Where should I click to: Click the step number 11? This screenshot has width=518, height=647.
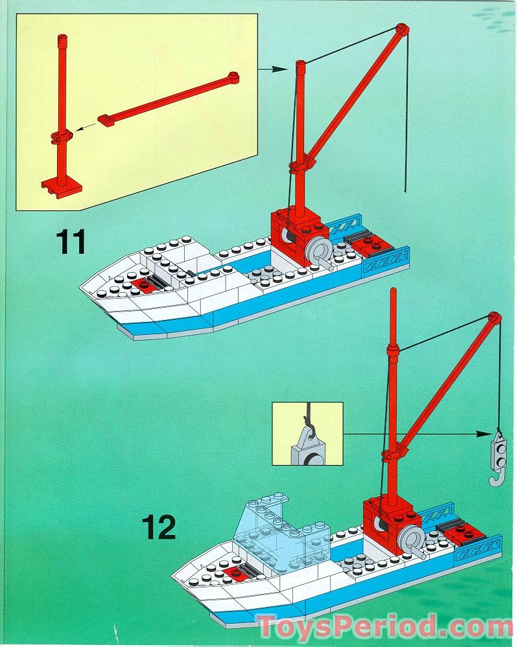[x=71, y=242]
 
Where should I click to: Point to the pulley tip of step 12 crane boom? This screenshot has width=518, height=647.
[x=494, y=319]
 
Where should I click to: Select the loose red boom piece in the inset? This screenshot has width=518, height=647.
[x=170, y=98]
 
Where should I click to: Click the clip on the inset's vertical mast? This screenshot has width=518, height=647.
[x=61, y=138]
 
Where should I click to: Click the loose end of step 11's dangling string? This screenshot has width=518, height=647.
[x=405, y=192]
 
